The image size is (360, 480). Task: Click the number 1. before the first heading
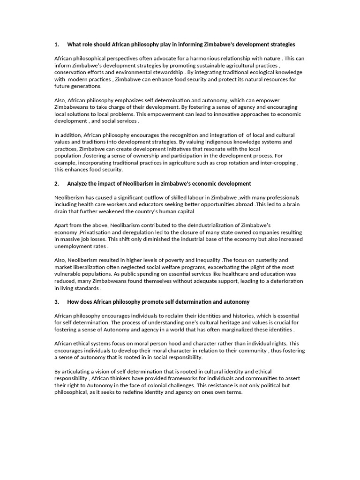click(57, 45)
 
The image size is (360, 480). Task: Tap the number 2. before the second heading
click(57, 184)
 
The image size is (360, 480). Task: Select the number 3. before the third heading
click(57, 302)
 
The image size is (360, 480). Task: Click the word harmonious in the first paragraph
click(201, 59)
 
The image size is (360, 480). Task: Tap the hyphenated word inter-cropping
click(275, 163)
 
